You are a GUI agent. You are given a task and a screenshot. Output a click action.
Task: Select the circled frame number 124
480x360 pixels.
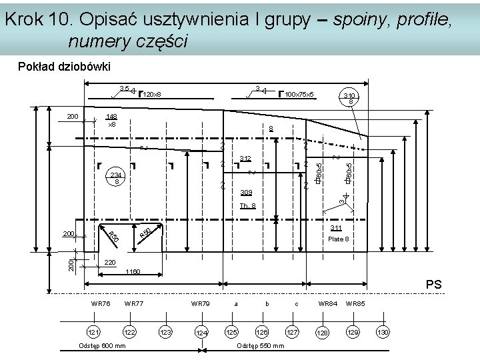[x=201, y=332]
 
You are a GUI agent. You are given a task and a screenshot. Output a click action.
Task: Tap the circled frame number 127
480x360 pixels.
[x=292, y=331]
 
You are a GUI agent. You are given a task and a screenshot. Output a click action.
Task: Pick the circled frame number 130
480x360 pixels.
[x=383, y=331]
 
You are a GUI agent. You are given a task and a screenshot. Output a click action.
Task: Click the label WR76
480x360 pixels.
[x=101, y=303]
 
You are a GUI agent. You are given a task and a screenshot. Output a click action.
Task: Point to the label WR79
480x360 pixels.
[x=200, y=303]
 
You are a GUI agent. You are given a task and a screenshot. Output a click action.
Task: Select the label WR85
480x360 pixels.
[x=355, y=303]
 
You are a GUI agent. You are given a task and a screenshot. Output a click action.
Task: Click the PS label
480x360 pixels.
[x=434, y=284]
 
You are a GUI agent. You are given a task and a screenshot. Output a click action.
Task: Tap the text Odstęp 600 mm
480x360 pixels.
[x=102, y=345]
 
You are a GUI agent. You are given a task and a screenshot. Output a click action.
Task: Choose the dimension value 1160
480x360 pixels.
[x=134, y=272]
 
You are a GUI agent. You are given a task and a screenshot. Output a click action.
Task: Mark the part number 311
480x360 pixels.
[x=337, y=228]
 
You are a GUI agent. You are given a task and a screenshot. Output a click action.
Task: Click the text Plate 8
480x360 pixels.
[x=337, y=239]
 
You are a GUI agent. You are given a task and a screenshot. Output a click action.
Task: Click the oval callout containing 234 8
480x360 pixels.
[x=117, y=177]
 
